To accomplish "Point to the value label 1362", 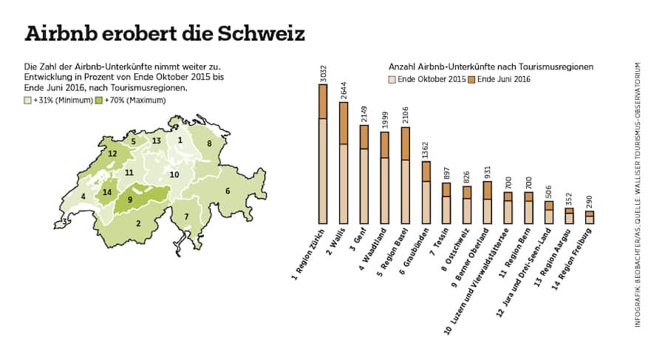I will pyautogui.click(x=426, y=150).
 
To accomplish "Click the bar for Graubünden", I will pyautogui.click(x=426, y=192).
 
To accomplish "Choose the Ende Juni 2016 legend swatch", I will pyautogui.click(x=471, y=78).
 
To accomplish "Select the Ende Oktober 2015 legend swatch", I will pyautogui.click(x=392, y=78).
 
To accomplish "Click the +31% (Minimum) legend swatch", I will pyautogui.click(x=28, y=100).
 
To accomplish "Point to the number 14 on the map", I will pyautogui.click(x=107, y=192).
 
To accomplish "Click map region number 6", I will pyautogui.click(x=228, y=191).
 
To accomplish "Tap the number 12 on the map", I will pyautogui.click(x=112, y=154).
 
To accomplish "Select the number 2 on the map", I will pyautogui.click(x=137, y=222).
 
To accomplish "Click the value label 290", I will pyautogui.click(x=590, y=202).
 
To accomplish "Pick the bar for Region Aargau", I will pyautogui.click(x=569, y=215).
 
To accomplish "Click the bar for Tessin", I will pyautogui.click(x=446, y=203).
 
